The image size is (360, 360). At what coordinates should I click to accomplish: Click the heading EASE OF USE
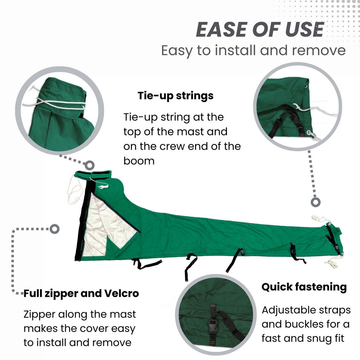coord(260,30)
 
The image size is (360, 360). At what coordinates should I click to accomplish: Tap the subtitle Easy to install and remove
coord(253,50)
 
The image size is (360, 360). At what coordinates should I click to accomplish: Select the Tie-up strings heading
coord(176,96)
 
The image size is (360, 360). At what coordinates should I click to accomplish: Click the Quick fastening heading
coord(304,287)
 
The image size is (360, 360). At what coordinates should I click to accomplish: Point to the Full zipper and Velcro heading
coord(81,294)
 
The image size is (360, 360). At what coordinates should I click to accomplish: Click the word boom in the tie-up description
coord(139,161)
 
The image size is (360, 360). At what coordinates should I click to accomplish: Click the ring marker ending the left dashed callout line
coord(55,229)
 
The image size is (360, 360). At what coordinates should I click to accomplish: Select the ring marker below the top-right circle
coord(316,202)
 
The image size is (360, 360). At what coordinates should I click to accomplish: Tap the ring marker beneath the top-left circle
coord(90,165)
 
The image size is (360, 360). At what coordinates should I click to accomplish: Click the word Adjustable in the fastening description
coord(284,310)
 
